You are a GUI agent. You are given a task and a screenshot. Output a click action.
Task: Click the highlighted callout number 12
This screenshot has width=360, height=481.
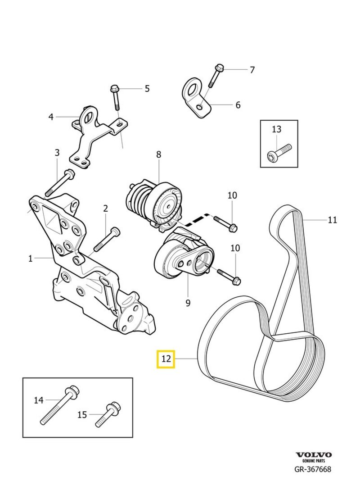(x=166, y=359)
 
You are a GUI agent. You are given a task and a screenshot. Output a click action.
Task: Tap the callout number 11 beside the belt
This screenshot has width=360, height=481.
(x=332, y=220)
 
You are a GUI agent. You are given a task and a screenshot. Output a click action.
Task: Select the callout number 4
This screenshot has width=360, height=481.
(x=51, y=117)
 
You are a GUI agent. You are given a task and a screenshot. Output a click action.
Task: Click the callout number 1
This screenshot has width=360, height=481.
(x=30, y=259)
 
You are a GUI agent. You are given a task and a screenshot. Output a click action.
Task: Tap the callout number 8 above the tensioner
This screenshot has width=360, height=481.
(x=158, y=154)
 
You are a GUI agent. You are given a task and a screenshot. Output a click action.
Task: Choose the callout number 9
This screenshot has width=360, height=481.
(x=188, y=303)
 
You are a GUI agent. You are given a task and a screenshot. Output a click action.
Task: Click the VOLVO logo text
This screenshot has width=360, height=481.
(x=313, y=455)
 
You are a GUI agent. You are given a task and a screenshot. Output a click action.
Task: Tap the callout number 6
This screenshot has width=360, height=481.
(x=238, y=105)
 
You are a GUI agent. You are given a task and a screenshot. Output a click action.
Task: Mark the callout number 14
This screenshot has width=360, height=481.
(x=39, y=399)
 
